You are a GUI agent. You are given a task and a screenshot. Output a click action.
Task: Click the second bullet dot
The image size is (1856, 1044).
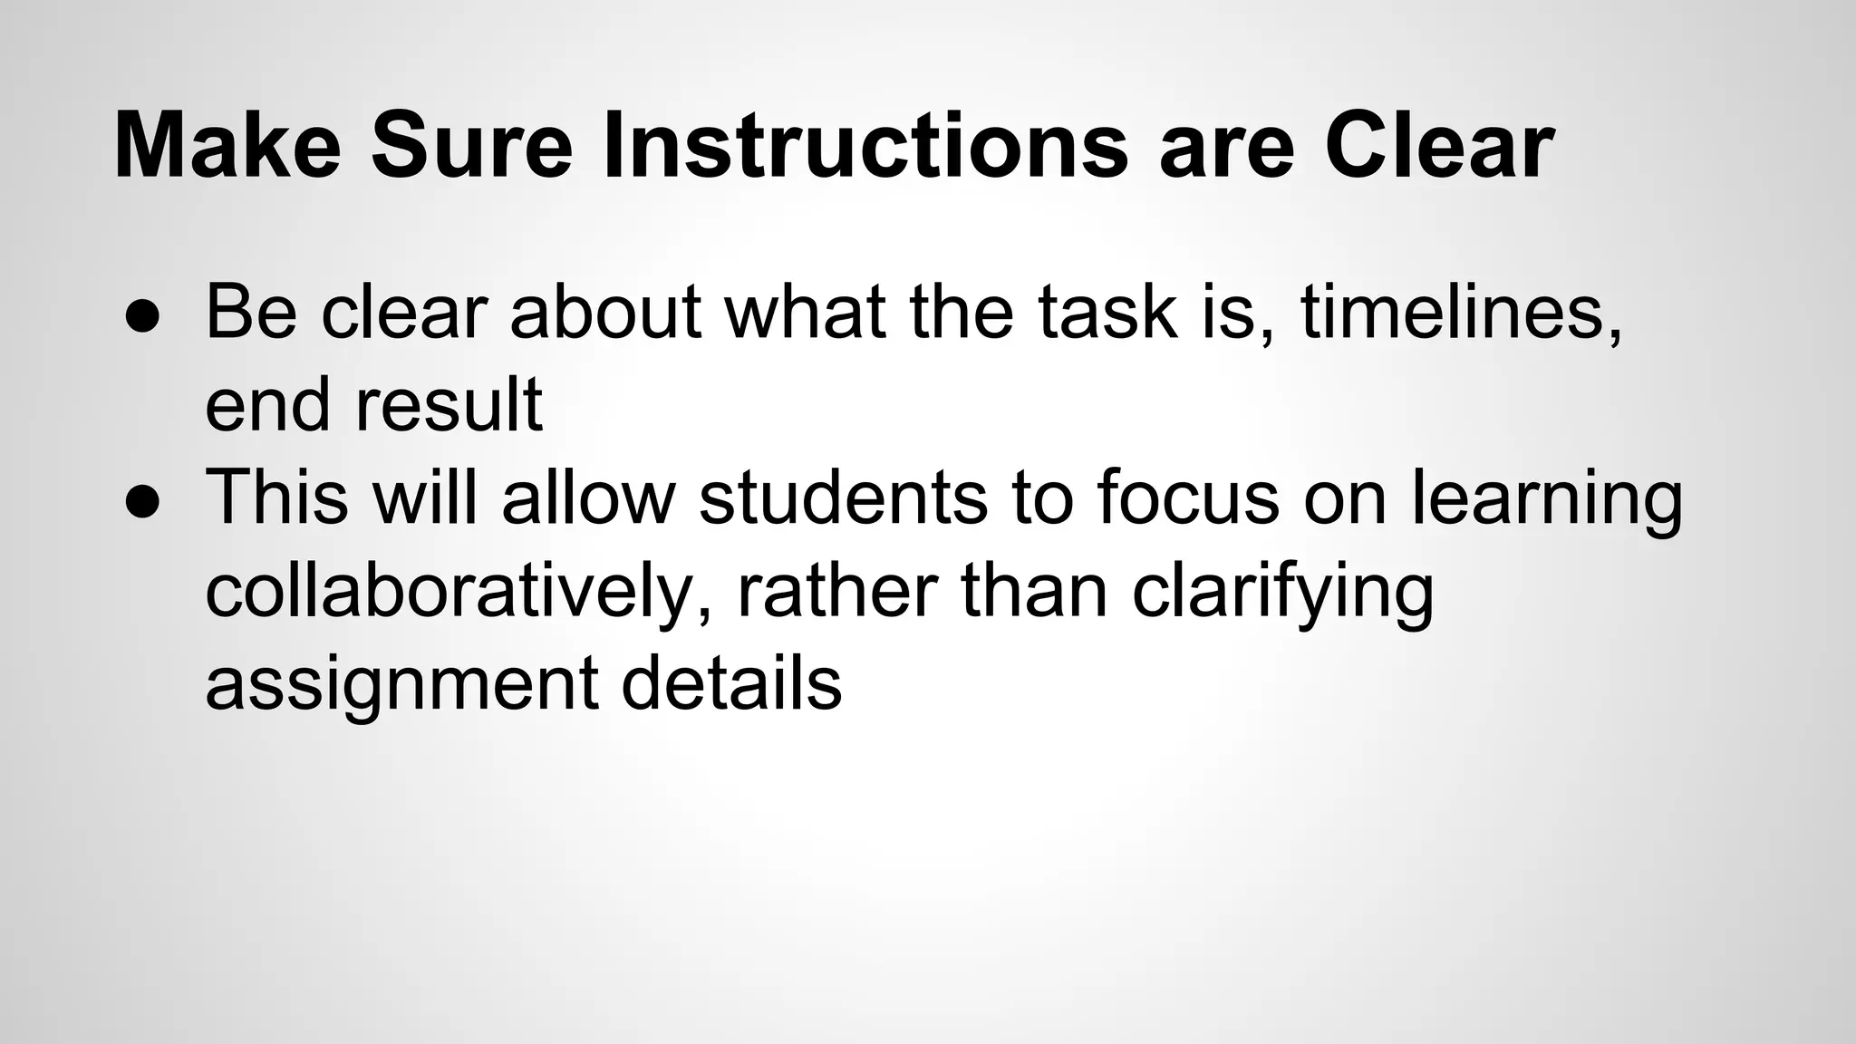pos(143,498)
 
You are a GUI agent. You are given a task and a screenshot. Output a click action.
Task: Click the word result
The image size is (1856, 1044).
pos(449,405)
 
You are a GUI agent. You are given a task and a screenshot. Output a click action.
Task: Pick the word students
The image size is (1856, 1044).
pos(843,498)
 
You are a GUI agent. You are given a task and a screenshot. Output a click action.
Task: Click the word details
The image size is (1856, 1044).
pos(731,683)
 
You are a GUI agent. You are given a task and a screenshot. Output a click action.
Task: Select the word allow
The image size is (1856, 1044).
pos(589,498)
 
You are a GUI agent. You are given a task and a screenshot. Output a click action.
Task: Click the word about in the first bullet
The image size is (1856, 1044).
pos(605,313)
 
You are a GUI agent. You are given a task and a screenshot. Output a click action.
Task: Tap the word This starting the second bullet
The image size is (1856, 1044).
pos(276,498)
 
